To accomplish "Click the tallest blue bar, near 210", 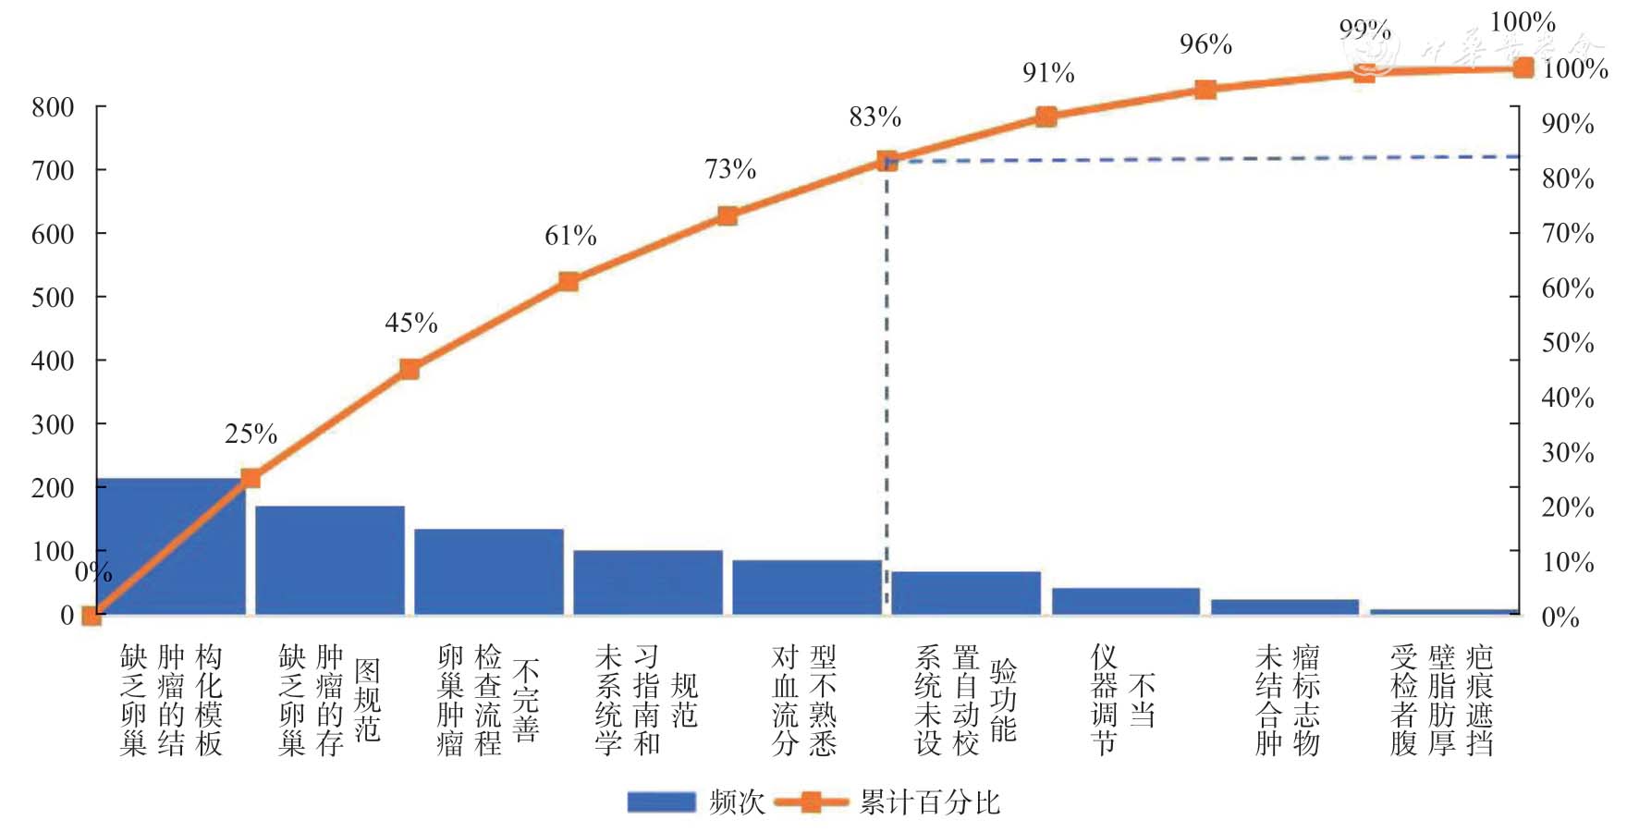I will (x=171, y=545).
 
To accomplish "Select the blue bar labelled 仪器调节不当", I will (x=1125, y=601).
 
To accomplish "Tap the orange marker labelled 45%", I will (x=410, y=369).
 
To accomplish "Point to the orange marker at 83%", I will (x=887, y=161).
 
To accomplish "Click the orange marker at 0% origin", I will (x=92, y=615).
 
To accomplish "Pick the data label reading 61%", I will (x=570, y=237).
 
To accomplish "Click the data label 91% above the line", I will (x=1048, y=73).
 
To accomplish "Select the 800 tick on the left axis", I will (x=53, y=108).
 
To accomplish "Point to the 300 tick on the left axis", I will (x=53, y=424).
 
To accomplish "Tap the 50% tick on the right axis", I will (x=1568, y=343).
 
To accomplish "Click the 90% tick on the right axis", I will (x=1568, y=124).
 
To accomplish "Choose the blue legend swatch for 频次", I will (x=661, y=801).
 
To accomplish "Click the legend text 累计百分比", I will (x=930, y=801).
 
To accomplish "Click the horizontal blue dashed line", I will (x=1202, y=159).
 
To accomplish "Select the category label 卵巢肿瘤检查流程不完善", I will (x=488, y=700).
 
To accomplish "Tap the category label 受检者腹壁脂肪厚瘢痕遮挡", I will (x=1441, y=700).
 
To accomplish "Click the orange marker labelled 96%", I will (x=1205, y=90).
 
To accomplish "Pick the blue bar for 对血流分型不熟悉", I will (x=807, y=587).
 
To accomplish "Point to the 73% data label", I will (x=730, y=169).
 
